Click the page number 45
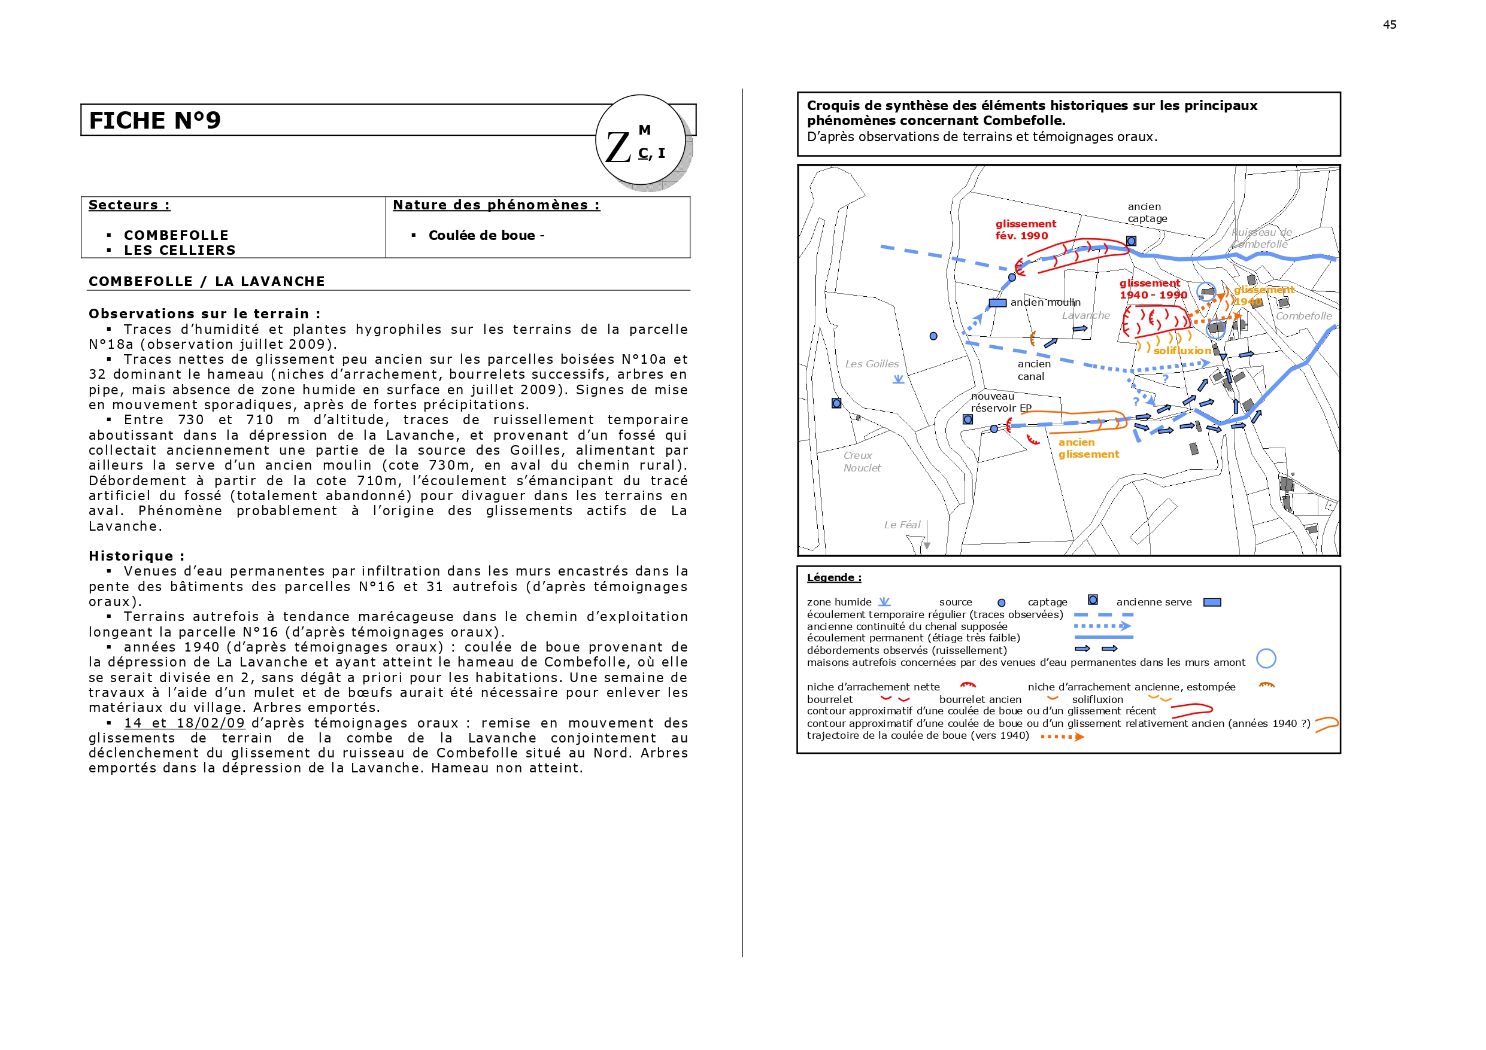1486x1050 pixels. coord(1389,25)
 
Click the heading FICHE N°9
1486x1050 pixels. coord(154,120)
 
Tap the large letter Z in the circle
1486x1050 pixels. coord(617,148)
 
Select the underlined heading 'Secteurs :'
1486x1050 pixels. coord(129,205)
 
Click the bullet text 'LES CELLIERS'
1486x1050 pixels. coord(179,250)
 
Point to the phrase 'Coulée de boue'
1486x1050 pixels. coord(481,236)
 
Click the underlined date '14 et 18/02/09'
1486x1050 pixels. coord(184,723)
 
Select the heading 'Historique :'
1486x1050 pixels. coord(137,556)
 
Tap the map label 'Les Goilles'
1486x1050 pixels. coord(872,364)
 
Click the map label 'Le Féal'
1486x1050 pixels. coord(902,525)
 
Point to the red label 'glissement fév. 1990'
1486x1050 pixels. coord(1025,230)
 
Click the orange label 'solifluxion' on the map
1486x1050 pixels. coord(1182,351)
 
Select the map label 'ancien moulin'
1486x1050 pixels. coord(1045,302)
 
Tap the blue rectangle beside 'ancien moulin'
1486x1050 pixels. coord(997,303)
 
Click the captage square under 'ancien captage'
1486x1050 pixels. coord(1131,241)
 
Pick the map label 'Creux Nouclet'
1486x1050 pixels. coord(862,461)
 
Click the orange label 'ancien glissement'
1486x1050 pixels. coord(1088,448)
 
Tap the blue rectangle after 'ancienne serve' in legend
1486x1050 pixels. coord(1212,602)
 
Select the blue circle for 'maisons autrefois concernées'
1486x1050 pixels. coord(1265,659)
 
